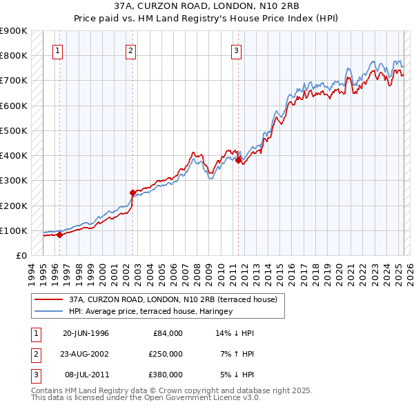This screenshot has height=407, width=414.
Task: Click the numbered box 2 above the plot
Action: [130, 50]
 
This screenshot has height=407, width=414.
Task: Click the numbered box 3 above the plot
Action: [236, 50]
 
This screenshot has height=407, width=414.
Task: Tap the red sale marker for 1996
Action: [59, 235]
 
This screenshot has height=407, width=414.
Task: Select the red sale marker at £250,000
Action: [133, 193]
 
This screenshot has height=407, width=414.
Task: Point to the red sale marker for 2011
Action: [239, 160]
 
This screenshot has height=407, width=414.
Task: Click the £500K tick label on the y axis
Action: [13, 130]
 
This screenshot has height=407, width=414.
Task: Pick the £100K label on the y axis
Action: [13, 230]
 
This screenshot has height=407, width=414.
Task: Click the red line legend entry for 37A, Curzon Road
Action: [172, 299]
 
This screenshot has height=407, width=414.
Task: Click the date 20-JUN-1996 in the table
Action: [86, 333]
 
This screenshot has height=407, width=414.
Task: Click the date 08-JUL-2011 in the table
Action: [86, 375]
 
